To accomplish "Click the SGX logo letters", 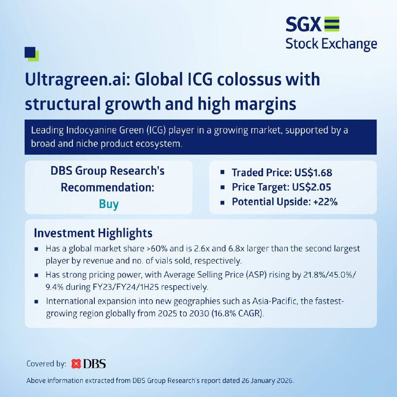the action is pyautogui.click(x=303, y=24).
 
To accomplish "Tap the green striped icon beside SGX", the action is pyautogui.click(x=331, y=24).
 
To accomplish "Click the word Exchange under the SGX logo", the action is pyautogui.click(x=349, y=44).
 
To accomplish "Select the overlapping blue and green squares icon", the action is pyautogui.click(x=32, y=54).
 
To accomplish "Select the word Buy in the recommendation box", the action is pyautogui.click(x=109, y=204).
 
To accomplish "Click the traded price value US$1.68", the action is pyautogui.click(x=313, y=173).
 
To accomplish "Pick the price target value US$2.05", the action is pyautogui.click(x=312, y=187).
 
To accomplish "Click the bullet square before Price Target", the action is pyautogui.click(x=222, y=188).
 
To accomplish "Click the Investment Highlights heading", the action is pyautogui.click(x=93, y=233).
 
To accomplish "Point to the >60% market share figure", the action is pyautogui.click(x=157, y=249).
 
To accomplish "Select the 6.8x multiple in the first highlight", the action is pyautogui.click(x=236, y=249).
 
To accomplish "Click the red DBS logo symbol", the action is pyautogui.click(x=76, y=364).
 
